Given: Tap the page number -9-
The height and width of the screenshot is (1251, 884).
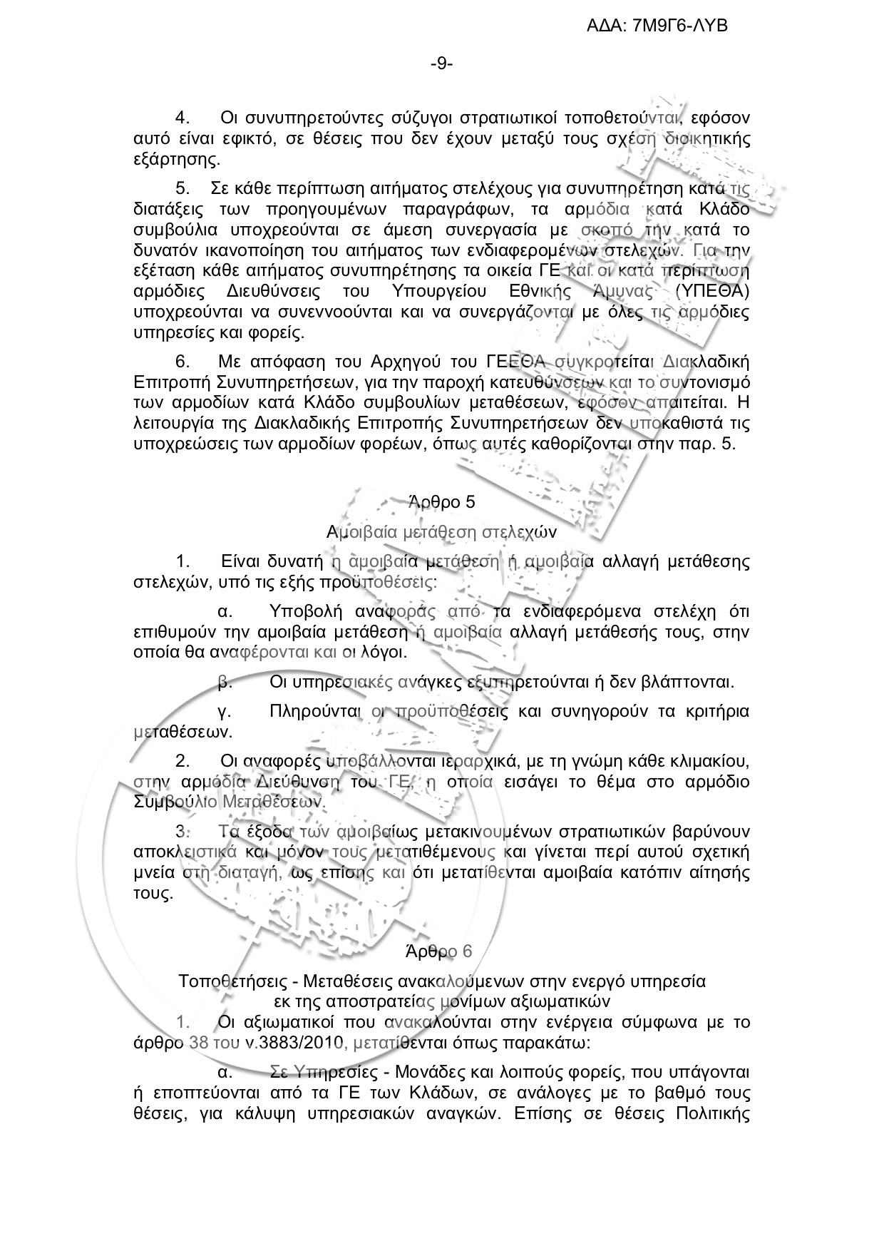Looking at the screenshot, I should tap(441, 64).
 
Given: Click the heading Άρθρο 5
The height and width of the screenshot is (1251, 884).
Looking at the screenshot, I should tap(441, 501).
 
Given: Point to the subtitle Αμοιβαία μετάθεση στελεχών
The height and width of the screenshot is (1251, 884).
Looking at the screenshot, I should tap(441, 531).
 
